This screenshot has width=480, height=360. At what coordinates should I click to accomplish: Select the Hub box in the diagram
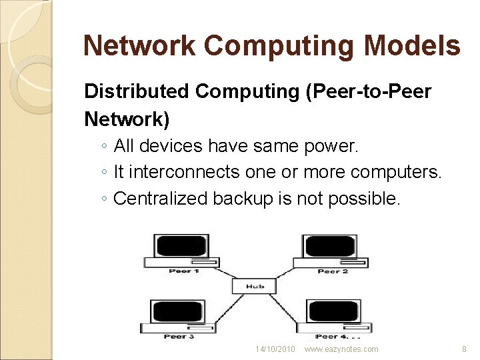click(255, 286)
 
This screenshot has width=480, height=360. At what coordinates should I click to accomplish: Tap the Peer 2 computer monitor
click(330, 247)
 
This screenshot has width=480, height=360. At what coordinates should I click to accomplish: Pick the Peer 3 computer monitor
click(177, 311)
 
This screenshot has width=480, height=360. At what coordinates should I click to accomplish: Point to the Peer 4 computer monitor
click(333, 311)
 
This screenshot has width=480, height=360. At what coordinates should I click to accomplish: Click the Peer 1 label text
click(183, 271)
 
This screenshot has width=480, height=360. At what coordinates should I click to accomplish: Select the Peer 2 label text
click(333, 271)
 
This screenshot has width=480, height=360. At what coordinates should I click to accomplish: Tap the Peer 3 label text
click(179, 337)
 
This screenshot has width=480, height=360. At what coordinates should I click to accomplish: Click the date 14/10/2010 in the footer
click(275, 349)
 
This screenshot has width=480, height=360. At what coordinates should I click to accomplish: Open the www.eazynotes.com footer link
click(341, 349)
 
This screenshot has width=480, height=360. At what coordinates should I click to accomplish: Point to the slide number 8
click(464, 349)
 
